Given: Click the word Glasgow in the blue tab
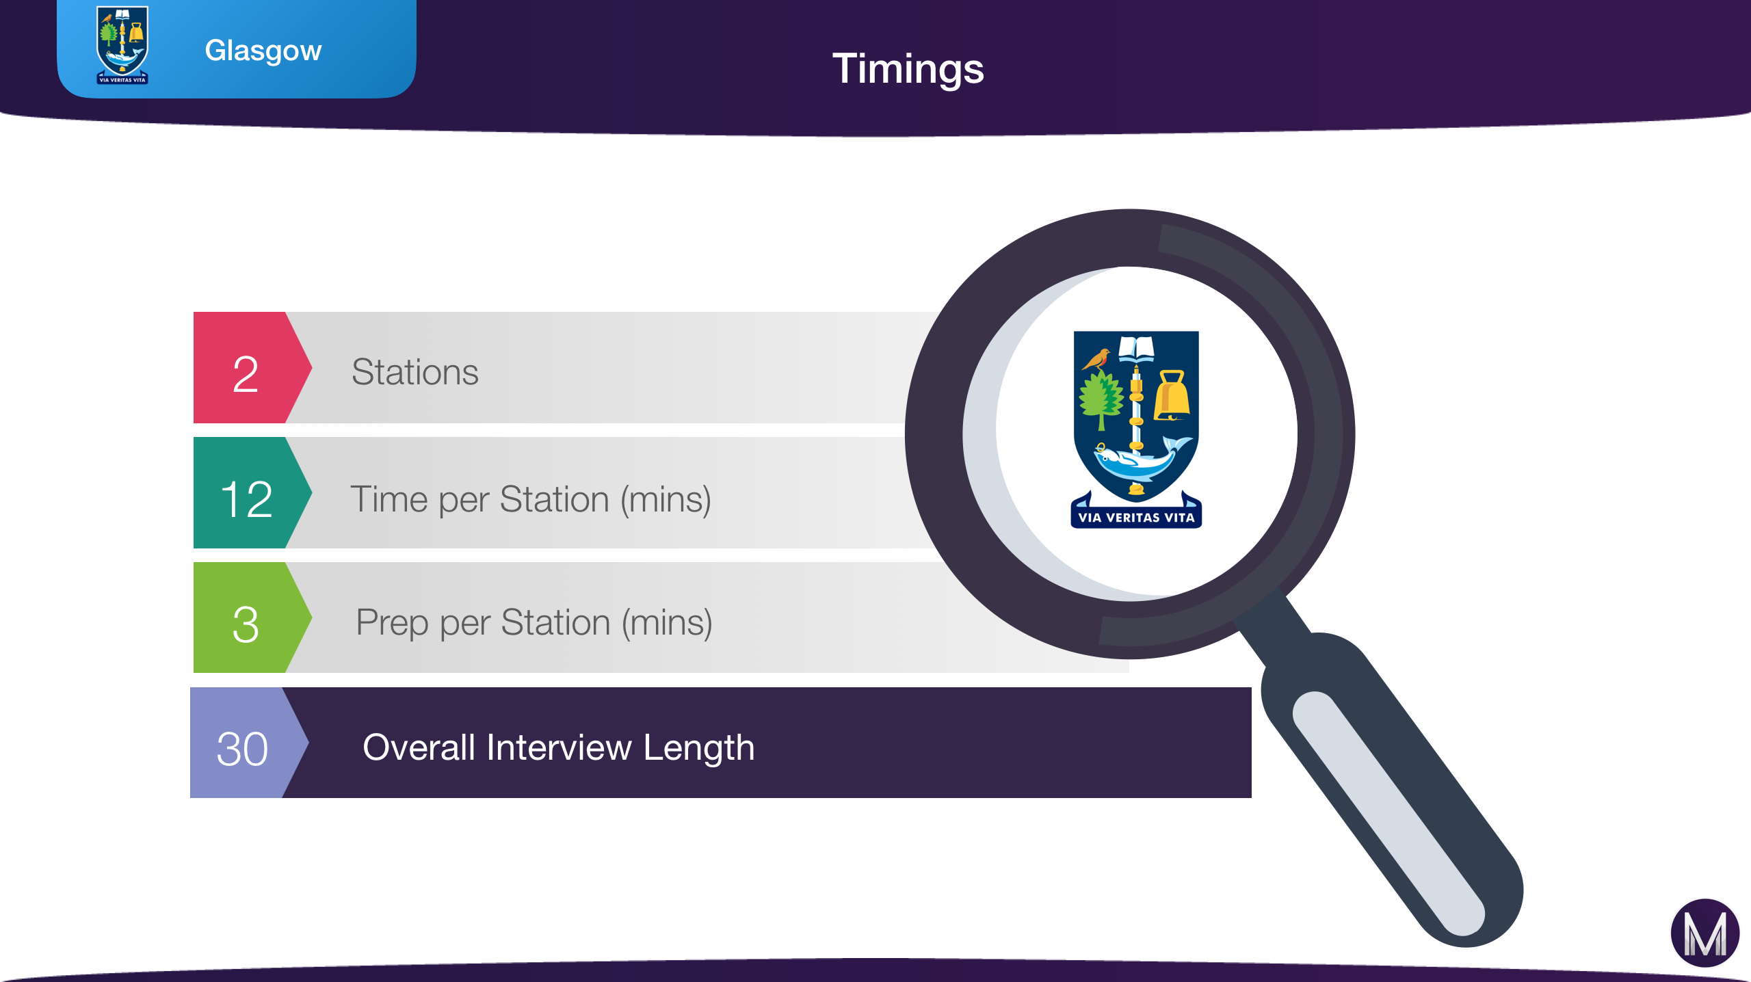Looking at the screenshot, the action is coord(263,51).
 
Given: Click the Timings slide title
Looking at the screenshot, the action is coord(908,70).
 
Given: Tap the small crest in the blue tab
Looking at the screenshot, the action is coord(122,45).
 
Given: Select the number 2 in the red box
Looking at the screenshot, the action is coord(246,374).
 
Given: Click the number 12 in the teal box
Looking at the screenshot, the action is coord(246,499).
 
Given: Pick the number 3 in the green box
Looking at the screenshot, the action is coord(246,624).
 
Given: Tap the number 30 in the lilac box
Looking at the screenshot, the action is coord(242,749).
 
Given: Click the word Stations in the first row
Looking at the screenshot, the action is coord(415,372).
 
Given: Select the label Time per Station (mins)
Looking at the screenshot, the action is coord(531,500).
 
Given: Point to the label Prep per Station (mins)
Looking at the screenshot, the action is coord(534,623).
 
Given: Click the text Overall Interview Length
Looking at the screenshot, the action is coord(559,747).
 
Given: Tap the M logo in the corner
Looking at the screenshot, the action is coord(1705,933).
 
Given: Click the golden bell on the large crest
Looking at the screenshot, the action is coord(1172,395).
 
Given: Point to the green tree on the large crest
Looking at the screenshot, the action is coord(1101,400).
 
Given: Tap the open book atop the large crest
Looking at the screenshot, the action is coord(1136,348).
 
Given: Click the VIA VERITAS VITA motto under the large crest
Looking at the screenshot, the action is coord(1136,518).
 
